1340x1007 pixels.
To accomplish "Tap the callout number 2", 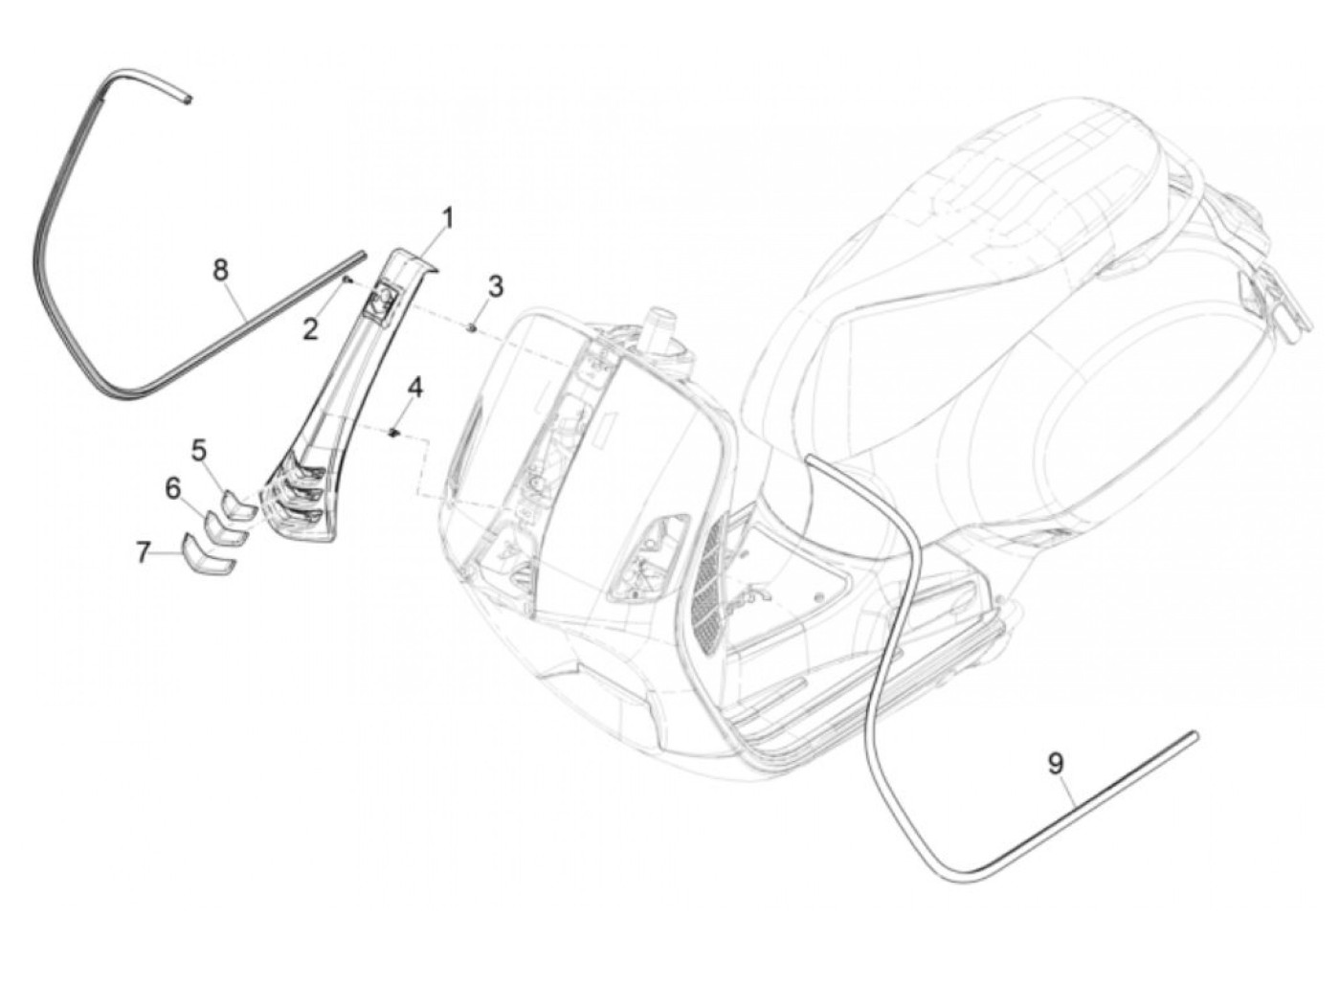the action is coord(310,330).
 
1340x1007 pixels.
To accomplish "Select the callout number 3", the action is coord(495,285).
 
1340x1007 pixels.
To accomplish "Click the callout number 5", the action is coord(199,449).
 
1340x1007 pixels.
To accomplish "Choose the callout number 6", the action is coord(173,489).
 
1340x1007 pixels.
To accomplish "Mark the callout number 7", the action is coord(144,551).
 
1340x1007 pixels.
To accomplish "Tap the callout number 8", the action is coord(220,270).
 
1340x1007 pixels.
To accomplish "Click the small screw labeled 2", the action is coord(346,279).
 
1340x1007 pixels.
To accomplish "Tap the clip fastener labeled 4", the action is coord(394,434).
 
